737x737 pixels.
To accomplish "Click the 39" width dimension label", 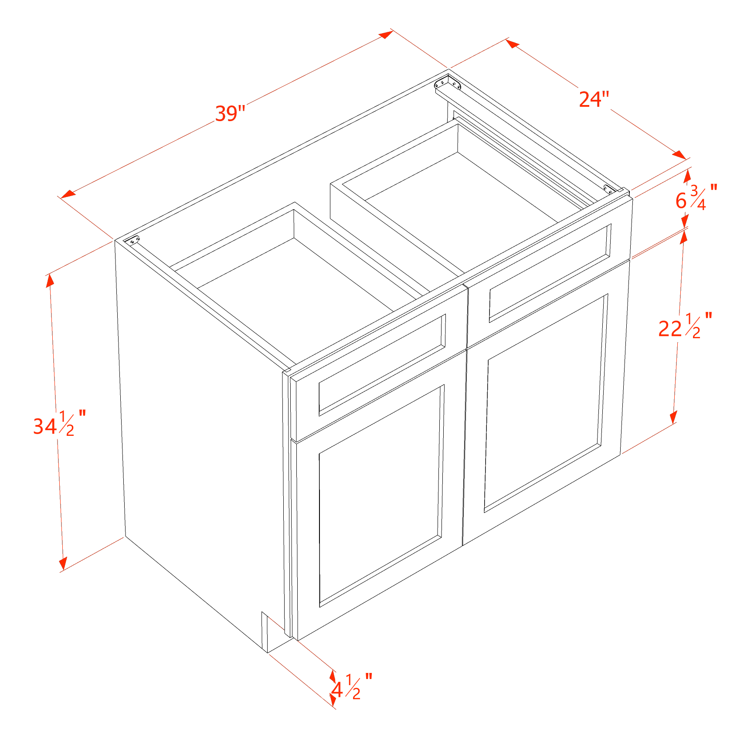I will point(231,114).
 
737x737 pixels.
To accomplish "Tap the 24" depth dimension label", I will point(593,99).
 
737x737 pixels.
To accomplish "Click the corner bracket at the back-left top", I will point(134,240).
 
